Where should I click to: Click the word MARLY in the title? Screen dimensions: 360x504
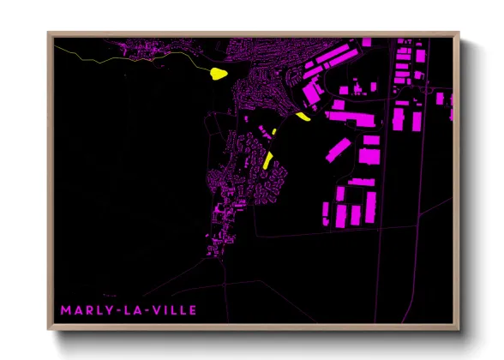(84, 309)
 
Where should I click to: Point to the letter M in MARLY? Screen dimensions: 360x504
(64, 309)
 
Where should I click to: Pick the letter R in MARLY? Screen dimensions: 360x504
(86, 309)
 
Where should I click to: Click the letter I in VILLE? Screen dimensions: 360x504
(164, 309)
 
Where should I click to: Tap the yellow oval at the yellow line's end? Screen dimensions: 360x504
(218, 74)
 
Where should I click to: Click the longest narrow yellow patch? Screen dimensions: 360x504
(268, 159)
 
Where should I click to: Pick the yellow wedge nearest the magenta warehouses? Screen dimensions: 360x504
(301, 117)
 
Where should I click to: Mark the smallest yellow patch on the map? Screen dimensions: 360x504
(274, 131)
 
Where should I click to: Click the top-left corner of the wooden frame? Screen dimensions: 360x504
(49, 33)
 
